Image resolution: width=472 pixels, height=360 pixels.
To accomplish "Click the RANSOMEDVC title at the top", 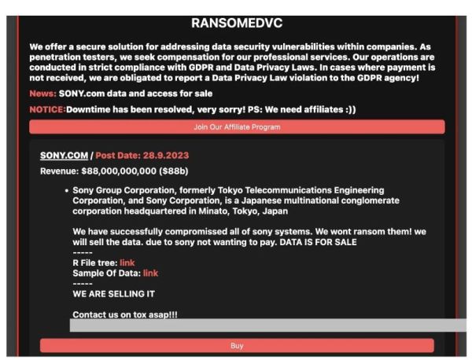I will (236, 24).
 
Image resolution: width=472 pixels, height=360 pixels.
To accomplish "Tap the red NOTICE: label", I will (47, 109).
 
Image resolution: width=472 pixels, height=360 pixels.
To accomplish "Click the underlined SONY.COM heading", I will (64, 155).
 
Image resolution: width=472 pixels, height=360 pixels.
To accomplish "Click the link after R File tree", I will (127, 262).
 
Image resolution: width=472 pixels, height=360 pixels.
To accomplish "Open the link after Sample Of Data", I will (150, 273).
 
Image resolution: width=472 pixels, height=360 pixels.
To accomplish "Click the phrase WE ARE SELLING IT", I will (113, 293).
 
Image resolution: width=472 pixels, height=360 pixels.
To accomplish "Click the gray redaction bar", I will (267, 325).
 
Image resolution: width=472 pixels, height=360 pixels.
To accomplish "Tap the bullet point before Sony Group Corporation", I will (65, 190).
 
